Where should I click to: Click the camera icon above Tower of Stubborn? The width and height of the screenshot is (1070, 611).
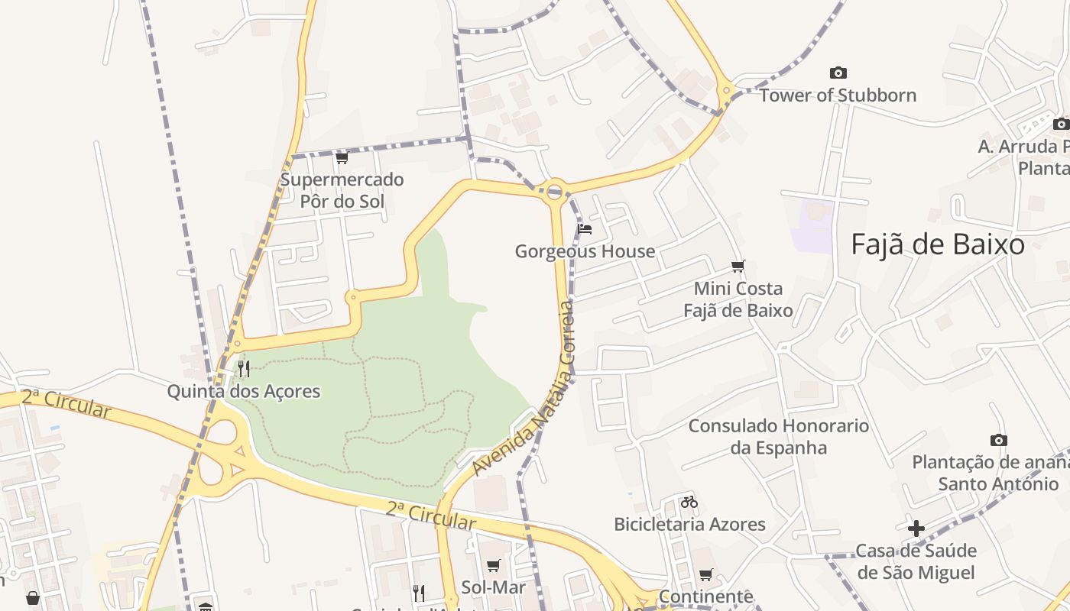pos(838,73)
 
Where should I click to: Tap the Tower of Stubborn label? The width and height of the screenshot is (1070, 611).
pos(837,95)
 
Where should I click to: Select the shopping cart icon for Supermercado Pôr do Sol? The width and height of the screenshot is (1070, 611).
pos(342,158)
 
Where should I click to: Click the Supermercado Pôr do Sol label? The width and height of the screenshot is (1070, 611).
pos(342,191)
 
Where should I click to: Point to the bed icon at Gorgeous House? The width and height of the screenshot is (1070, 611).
pos(585,228)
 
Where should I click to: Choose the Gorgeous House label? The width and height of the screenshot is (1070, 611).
pos(585,251)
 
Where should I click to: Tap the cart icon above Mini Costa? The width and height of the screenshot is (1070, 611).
pos(738,267)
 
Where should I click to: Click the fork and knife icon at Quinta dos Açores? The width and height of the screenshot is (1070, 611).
pos(244,369)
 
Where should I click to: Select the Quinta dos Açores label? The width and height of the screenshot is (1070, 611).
pos(244,392)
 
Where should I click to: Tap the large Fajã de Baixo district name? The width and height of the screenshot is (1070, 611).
pos(938,244)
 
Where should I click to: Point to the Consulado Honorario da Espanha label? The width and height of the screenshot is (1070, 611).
pos(779,436)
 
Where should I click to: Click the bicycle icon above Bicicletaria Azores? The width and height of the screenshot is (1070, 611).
pos(689,502)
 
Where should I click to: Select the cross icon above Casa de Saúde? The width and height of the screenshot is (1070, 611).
pos(916,528)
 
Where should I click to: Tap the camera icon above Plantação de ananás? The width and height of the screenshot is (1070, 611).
pos(998,440)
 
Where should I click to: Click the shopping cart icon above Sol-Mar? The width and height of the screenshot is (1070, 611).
pos(494,566)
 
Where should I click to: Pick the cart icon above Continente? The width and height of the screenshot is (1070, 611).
pos(705,574)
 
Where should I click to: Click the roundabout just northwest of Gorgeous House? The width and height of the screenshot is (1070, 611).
pos(555,191)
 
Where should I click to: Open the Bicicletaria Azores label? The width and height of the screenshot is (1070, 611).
pos(689,525)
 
